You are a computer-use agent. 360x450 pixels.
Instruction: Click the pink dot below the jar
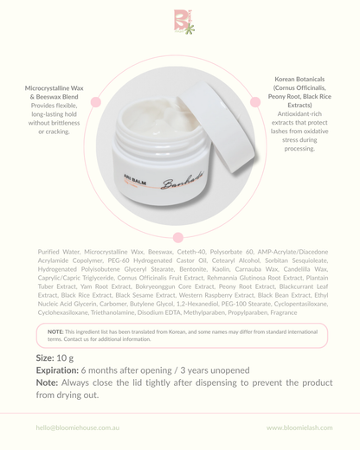click(x=178, y=236)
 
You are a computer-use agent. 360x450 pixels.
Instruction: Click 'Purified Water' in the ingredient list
click(x=61, y=251)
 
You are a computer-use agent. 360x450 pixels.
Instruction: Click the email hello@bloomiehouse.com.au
click(x=76, y=427)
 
